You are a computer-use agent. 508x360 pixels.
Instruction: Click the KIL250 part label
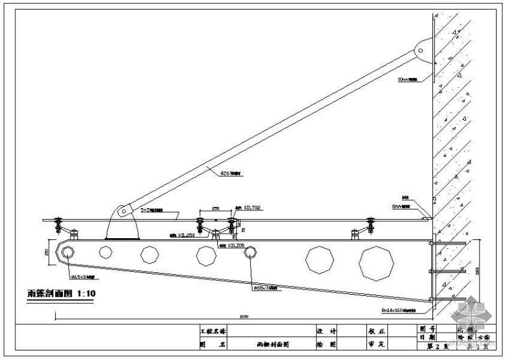point(185,234)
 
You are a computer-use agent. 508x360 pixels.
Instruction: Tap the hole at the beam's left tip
point(67,252)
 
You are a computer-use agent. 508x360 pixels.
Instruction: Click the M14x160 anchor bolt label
point(399,311)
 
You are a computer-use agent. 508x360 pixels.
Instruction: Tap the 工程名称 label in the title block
point(212,331)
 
